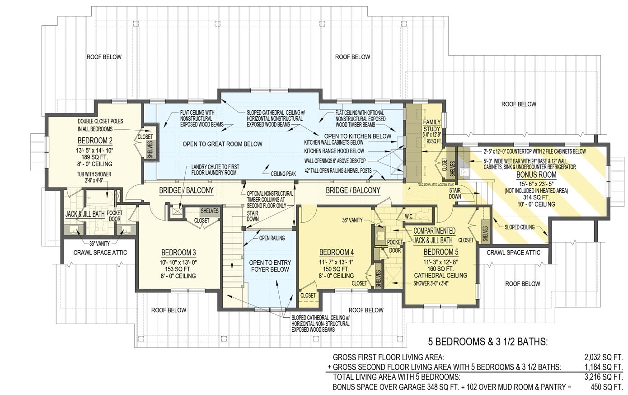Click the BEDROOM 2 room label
(x=95, y=141)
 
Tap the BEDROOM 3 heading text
(x=178, y=253)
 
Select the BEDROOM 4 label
(x=336, y=252)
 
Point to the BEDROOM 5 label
(x=441, y=252)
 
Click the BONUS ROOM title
(x=537, y=174)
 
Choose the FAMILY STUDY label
(x=431, y=126)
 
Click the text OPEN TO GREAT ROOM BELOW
(x=222, y=144)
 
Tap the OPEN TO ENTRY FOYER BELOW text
(x=270, y=266)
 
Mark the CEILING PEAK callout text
(x=283, y=174)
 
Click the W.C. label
(x=409, y=216)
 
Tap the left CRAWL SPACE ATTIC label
(x=100, y=253)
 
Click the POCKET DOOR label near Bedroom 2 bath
(x=115, y=216)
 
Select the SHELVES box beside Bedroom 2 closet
(x=150, y=150)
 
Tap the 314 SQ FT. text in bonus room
(x=537, y=197)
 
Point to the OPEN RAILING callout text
(x=272, y=238)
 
